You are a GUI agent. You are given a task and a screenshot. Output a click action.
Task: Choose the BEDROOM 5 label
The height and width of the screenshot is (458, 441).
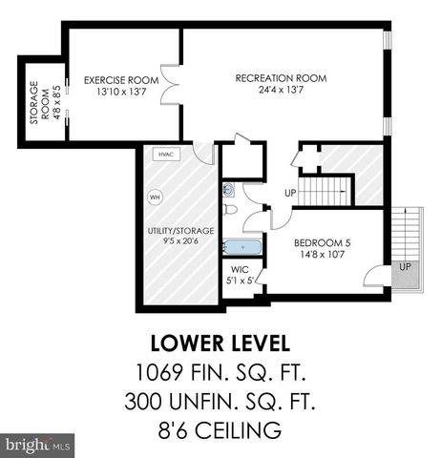point(324,243)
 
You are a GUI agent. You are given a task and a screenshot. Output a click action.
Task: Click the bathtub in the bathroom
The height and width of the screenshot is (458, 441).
point(239,248)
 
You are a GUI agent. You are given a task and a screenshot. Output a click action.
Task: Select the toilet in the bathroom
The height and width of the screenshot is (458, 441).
point(230,209)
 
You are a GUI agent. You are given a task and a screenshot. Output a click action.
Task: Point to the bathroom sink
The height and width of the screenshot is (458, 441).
point(228,189)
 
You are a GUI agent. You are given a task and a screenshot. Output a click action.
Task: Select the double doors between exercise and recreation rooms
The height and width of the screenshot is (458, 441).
point(171,84)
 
